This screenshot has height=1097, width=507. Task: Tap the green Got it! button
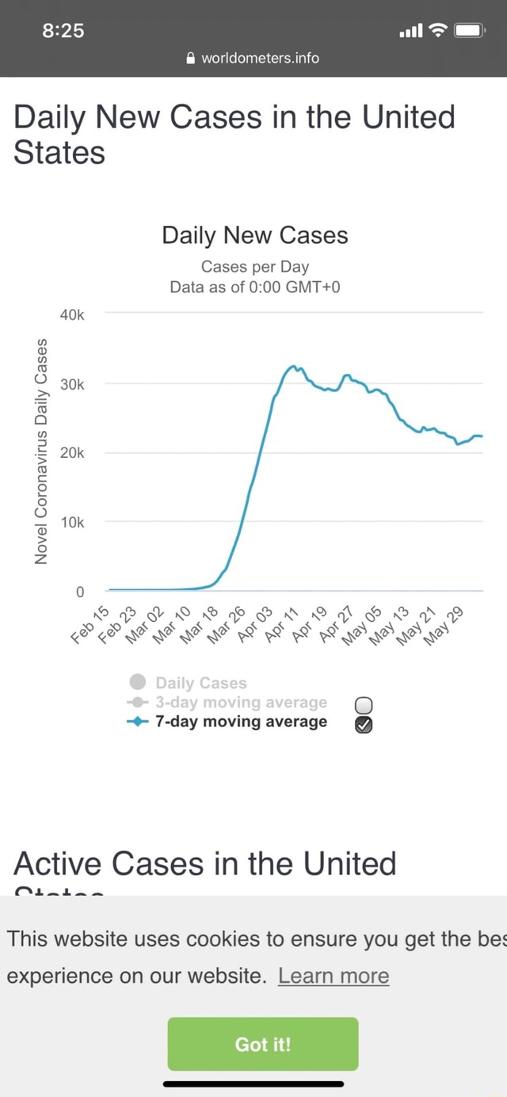tap(262, 1044)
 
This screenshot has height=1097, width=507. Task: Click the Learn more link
tap(334, 975)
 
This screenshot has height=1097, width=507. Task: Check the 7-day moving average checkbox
tap(364, 724)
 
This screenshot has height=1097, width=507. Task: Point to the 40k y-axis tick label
tap(72, 315)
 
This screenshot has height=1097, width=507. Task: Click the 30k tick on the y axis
tap(72, 384)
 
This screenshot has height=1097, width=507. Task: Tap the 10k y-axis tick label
tap(72, 523)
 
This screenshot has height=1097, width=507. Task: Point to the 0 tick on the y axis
tap(79, 592)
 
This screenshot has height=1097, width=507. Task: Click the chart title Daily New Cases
tap(254, 235)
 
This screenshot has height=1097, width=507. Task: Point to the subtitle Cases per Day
tap(254, 266)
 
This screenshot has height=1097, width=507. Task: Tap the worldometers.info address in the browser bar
tap(260, 58)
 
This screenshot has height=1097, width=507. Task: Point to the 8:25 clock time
tap(63, 31)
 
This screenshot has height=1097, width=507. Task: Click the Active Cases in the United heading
tap(205, 863)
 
